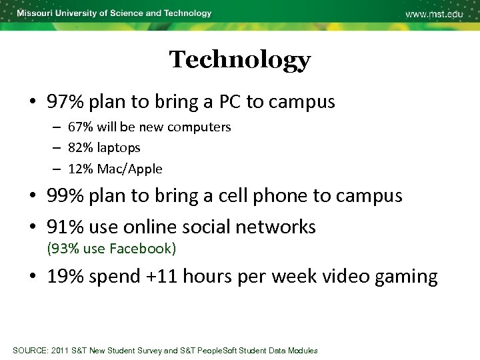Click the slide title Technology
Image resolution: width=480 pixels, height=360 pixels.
click(x=239, y=60)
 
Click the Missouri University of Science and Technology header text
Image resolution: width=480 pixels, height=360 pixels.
click(x=114, y=13)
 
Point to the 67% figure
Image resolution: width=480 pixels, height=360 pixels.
click(x=81, y=127)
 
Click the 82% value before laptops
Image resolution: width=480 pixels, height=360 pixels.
click(x=81, y=147)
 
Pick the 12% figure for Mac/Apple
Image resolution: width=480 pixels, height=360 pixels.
click(x=81, y=169)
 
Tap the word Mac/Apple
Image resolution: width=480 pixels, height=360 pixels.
click(x=129, y=169)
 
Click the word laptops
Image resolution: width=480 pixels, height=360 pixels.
click(x=119, y=148)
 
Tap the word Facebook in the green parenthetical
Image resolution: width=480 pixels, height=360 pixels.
click(x=140, y=249)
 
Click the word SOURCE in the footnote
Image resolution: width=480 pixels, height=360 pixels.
click(x=31, y=351)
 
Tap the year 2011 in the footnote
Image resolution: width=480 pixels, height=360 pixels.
click(x=60, y=351)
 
